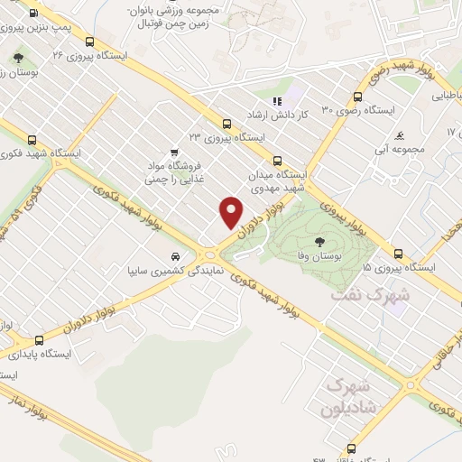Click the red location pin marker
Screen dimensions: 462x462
pos(231,211)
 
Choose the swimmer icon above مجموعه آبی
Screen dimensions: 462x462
pos(400,125)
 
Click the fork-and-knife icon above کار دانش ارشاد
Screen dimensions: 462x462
pos(278,101)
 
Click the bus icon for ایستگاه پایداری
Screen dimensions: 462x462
pos(38,340)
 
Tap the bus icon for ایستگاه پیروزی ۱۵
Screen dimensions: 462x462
pos(398,252)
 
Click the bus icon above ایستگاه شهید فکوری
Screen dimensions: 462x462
pos(33,140)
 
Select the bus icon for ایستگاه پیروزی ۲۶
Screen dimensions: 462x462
pos(90,41)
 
